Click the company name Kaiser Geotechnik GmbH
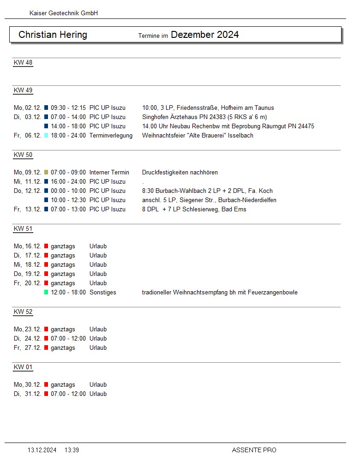pyautogui.click(x=63, y=13)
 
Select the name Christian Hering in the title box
pyautogui.click(x=53, y=35)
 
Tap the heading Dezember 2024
pyautogui.click(x=204, y=35)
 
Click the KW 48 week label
pyautogui.click(x=23, y=63)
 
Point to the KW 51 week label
pyautogui.click(x=23, y=229)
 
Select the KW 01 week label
pyautogui.click(x=23, y=367)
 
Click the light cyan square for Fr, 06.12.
pyautogui.click(x=46, y=136)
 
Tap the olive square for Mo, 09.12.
pyautogui.click(x=46, y=173)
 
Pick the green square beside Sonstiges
pyautogui.click(x=46, y=293)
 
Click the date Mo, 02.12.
pyautogui.click(x=28, y=108)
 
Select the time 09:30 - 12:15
pyautogui.click(x=68, y=108)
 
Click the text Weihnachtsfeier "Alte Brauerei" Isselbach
pyautogui.click(x=198, y=136)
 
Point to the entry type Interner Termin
pyautogui.click(x=109, y=173)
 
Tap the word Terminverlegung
pyautogui.click(x=111, y=136)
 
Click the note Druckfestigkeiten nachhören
pyautogui.click(x=180, y=173)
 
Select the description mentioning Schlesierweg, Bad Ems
pyautogui.click(x=194, y=210)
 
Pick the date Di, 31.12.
pyautogui.click(x=28, y=394)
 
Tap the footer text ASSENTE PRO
pyautogui.click(x=254, y=450)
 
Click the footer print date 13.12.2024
pyautogui.click(x=42, y=450)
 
